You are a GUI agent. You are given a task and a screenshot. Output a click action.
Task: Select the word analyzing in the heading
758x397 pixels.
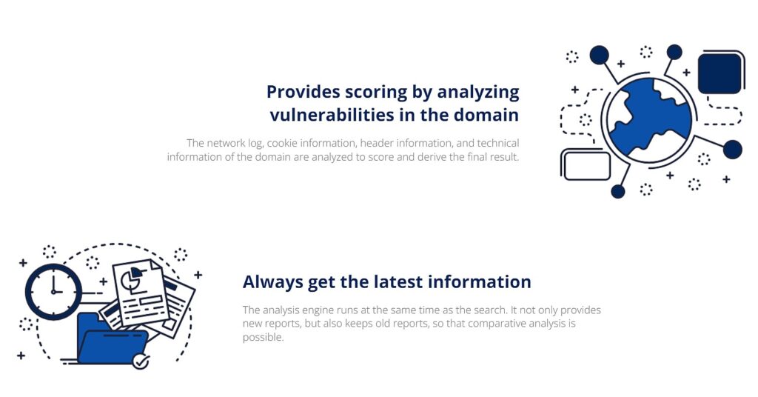[x=478, y=93]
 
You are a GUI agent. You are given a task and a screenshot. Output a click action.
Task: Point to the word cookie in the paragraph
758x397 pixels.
[x=282, y=143]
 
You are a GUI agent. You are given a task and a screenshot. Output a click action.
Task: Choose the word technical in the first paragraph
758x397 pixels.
[x=498, y=143]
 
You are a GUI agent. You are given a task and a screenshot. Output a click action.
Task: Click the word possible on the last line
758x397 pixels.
[x=263, y=338]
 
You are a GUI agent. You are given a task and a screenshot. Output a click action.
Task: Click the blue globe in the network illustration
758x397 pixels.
[x=649, y=119]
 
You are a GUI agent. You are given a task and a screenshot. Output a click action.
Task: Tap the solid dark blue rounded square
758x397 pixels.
[x=720, y=73]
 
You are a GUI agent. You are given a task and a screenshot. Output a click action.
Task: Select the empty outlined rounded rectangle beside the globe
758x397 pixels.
[x=587, y=166]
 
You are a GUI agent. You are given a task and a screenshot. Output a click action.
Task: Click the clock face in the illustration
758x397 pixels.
[x=53, y=292]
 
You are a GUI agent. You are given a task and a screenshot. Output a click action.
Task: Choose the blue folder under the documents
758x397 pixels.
[x=113, y=338]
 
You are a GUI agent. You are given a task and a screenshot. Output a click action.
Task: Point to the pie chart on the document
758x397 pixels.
[x=131, y=278]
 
